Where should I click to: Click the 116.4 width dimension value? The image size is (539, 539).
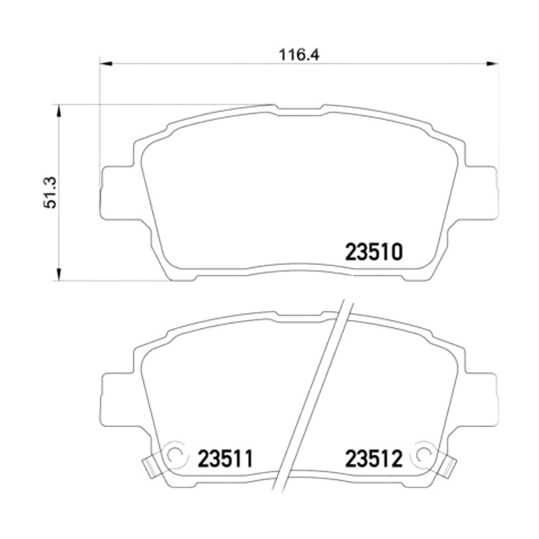[x=299, y=55]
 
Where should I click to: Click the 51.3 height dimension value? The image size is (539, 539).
[x=50, y=192]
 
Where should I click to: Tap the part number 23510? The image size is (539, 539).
[x=374, y=252]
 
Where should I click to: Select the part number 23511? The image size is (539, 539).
[x=225, y=459]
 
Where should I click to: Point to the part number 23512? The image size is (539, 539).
[x=374, y=459]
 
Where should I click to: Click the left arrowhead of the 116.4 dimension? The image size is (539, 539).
[x=106, y=64]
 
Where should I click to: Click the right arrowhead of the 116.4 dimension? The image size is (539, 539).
[x=492, y=64]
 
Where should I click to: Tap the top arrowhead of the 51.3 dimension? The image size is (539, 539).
[x=59, y=111]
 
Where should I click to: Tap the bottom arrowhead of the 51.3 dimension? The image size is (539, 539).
[x=59, y=274]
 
